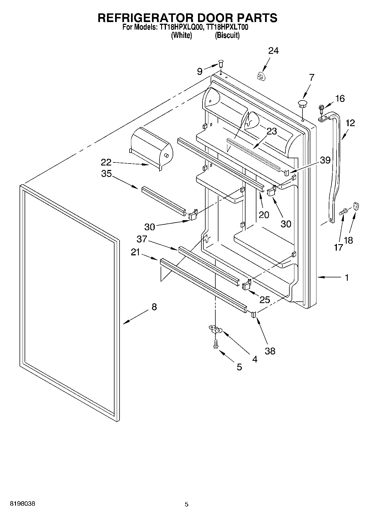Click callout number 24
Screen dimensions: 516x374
(x=273, y=51)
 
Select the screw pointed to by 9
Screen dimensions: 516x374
(x=221, y=64)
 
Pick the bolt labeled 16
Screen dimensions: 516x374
(x=321, y=109)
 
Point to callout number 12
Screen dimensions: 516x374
(x=350, y=123)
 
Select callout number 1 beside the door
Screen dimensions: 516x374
(x=347, y=277)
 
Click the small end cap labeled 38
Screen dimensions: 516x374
(x=254, y=315)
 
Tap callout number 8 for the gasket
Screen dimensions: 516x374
(x=154, y=307)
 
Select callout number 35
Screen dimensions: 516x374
(x=106, y=174)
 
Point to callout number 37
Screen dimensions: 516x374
(x=142, y=239)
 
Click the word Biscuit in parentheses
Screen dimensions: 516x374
(x=227, y=35)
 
